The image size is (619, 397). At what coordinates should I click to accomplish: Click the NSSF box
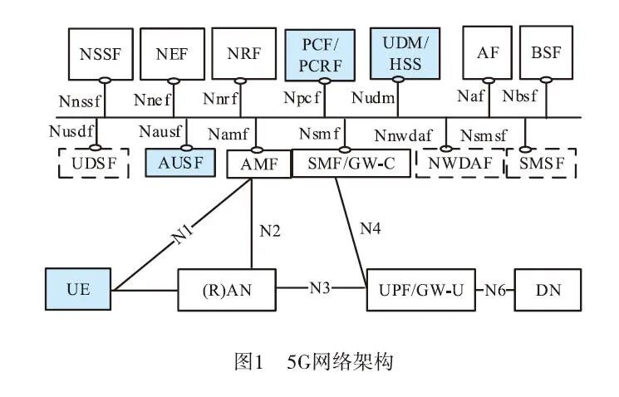click(x=101, y=54)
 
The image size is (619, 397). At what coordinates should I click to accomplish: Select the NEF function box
click(x=172, y=54)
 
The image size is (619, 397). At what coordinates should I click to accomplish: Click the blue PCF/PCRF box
click(x=318, y=52)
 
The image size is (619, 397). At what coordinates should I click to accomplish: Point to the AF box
click(x=488, y=52)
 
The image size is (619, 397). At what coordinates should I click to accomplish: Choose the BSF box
click(x=546, y=52)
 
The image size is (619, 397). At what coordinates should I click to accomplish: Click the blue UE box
click(x=78, y=291)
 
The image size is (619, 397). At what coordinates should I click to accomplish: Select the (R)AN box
click(x=227, y=291)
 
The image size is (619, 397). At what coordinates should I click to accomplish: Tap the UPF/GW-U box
click(x=420, y=291)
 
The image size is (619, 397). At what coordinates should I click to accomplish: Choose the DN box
click(x=547, y=291)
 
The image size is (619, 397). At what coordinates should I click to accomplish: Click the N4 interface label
click(x=371, y=226)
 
